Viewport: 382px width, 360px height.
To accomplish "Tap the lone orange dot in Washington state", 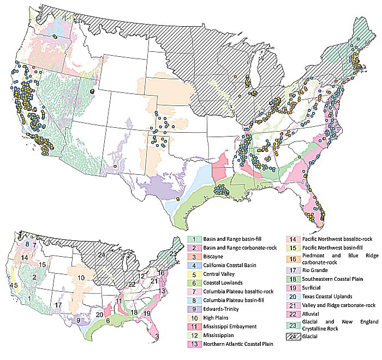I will [x=56, y=37].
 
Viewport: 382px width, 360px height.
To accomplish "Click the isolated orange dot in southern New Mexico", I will [x=116, y=166].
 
